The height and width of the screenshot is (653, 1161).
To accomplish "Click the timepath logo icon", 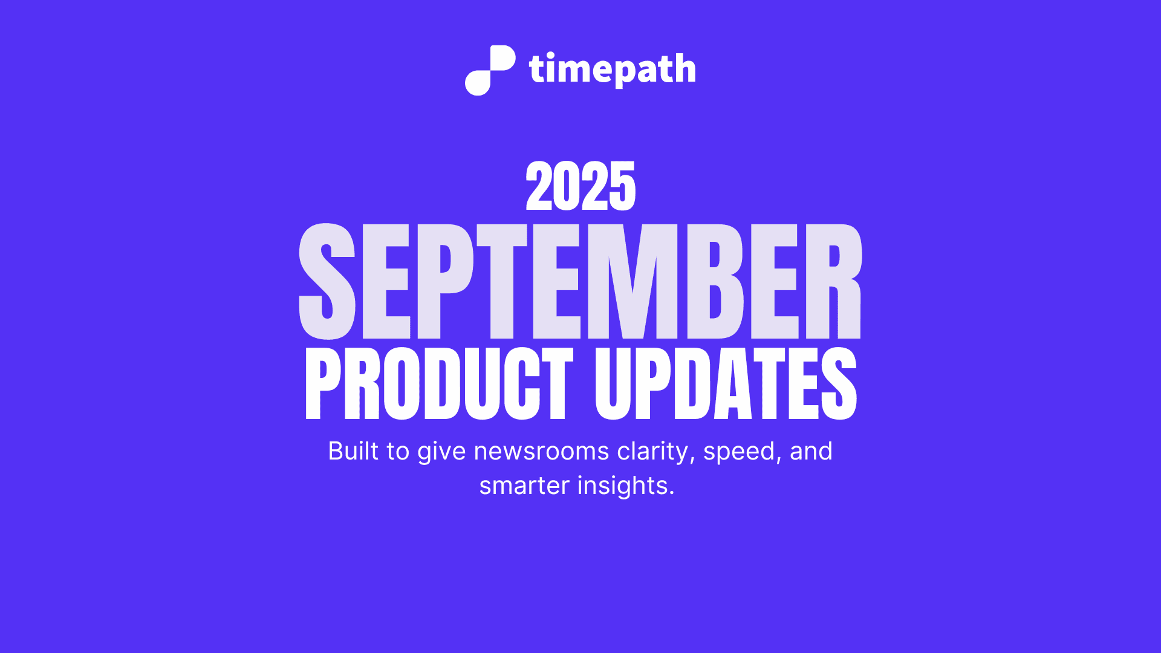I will pos(490,70).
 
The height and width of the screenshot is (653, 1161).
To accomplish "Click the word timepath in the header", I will pos(612,70).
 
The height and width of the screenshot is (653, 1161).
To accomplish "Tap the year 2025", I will pos(580,186).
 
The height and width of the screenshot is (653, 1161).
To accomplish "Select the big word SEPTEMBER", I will pos(580,281).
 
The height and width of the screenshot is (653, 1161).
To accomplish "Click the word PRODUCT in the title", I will pos(439,384).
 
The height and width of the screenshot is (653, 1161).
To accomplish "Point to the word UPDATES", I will pos(726,384).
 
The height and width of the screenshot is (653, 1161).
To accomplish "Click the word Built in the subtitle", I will pos(353,451).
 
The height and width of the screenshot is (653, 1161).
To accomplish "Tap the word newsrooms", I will pos(541,451).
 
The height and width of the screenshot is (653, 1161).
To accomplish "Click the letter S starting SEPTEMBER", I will pos(327,281).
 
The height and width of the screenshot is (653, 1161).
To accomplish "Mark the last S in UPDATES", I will pos(838,384).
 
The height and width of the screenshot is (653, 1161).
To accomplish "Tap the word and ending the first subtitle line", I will pos(811,451).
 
